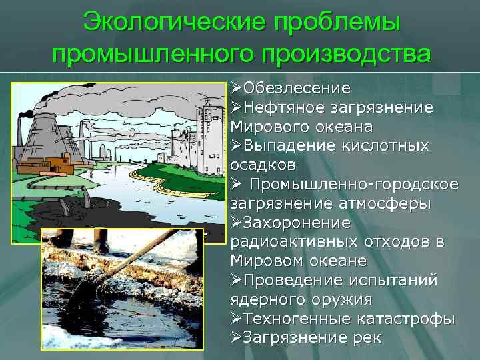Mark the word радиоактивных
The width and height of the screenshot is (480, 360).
pyautogui.click(x=295, y=241)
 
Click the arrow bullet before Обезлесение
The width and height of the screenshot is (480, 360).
pyautogui.click(x=235, y=88)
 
